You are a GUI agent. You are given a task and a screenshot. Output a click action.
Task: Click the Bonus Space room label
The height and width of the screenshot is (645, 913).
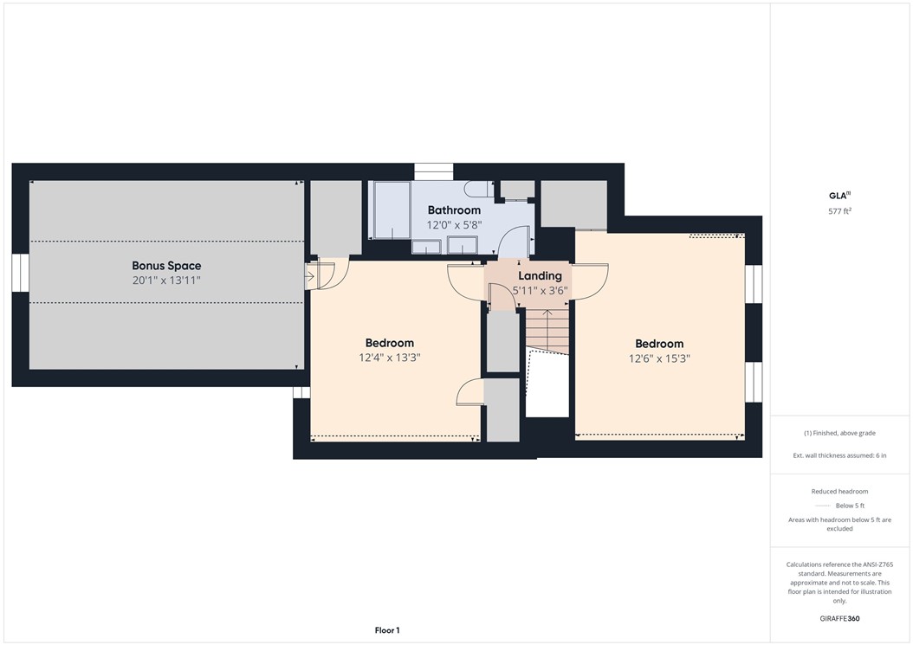pos(166,266)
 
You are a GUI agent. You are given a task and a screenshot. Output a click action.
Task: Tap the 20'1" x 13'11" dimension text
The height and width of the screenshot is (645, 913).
pos(166,281)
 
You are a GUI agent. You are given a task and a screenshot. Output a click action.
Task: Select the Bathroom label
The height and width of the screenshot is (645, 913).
pos(454,210)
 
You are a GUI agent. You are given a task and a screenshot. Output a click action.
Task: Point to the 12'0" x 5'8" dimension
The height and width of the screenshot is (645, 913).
pos(454,225)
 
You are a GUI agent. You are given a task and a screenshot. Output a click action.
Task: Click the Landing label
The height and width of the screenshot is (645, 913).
pos(540,276)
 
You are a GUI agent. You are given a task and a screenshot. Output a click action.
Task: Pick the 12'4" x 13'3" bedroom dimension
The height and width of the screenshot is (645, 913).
pos(389,358)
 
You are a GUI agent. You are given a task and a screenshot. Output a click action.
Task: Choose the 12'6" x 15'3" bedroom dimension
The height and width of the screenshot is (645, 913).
pos(659,358)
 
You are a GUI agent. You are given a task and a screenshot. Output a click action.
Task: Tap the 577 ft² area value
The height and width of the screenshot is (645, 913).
pos(840,211)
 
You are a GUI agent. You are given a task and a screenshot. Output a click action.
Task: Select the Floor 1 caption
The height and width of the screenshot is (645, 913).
pos(386,630)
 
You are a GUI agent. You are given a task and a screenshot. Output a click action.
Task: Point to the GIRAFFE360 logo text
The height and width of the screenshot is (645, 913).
pos(839,619)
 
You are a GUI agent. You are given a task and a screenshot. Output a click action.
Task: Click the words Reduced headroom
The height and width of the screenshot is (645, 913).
pos(839,492)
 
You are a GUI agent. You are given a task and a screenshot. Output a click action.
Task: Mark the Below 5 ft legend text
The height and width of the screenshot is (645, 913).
pos(850,506)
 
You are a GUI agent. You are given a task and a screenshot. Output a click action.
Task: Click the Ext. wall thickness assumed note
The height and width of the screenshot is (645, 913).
pos(839,455)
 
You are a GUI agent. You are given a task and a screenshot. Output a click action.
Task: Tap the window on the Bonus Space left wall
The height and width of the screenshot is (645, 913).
pos(21,272)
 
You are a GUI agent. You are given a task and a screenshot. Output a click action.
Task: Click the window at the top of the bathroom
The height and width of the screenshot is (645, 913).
pos(433,171)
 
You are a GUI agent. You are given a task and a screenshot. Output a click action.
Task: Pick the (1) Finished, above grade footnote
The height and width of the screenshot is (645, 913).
pos(839,433)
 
